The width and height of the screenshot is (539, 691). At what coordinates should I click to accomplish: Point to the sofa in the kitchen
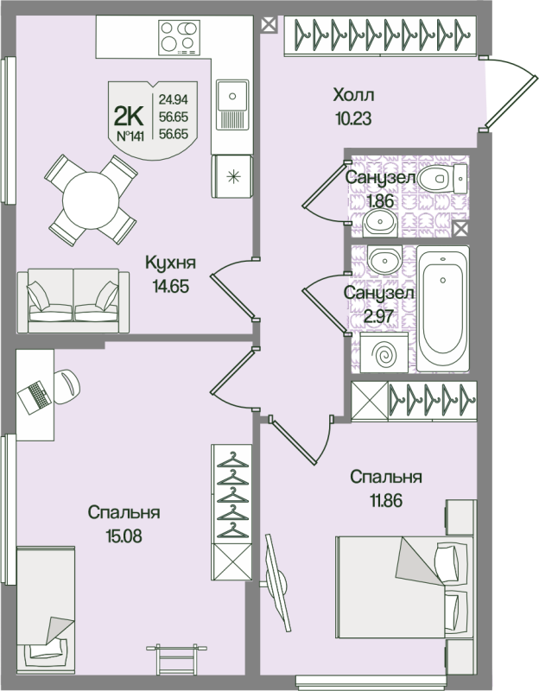point(73,299)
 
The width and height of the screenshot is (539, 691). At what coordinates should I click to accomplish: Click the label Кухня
point(168,263)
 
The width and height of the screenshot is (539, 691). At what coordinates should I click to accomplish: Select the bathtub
point(443,307)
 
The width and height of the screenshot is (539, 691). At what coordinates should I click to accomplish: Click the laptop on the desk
point(37,395)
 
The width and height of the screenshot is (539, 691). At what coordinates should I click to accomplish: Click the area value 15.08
point(124,535)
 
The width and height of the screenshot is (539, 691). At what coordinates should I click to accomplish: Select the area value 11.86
point(385,498)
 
